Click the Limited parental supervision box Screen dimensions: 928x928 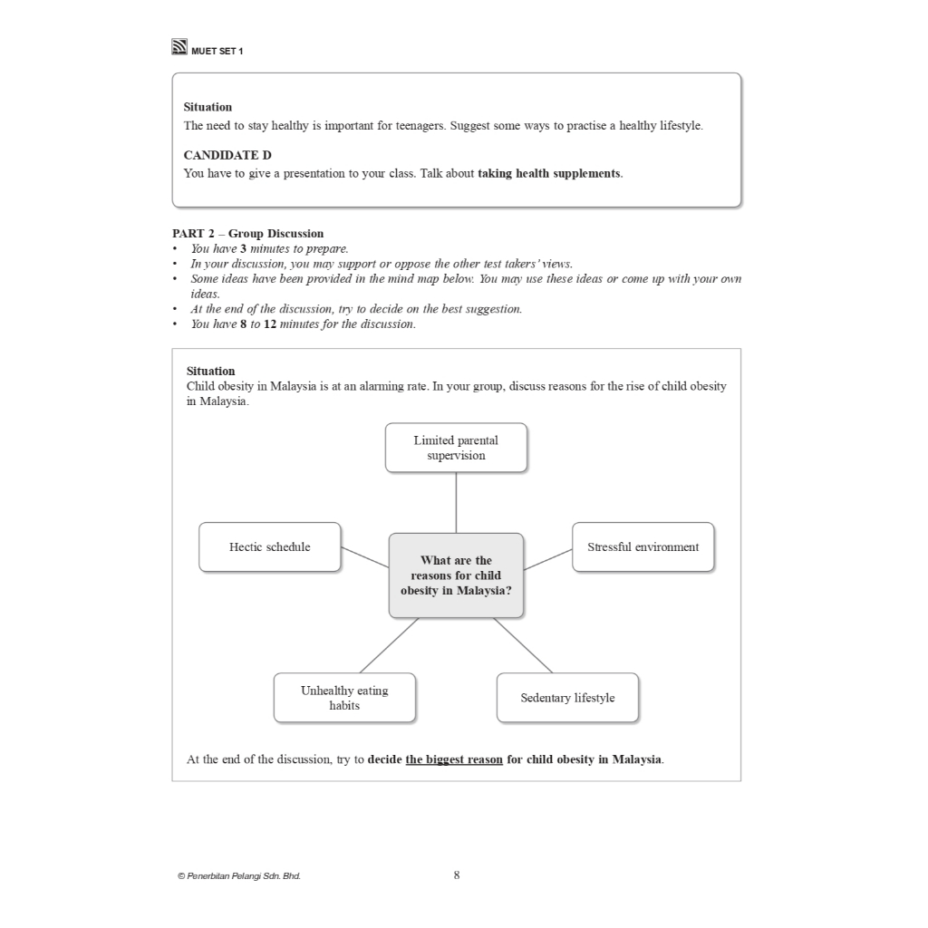pyautogui.click(x=456, y=448)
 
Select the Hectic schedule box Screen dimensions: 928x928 pyautogui.click(x=270, y=546)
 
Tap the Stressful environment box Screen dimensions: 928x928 pyautogui.click(x=643, y=546)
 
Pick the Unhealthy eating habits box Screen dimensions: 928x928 pyautogui.click(x=344, y=698)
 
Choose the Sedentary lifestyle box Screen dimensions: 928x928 pyautogui.click(x=567, y=698)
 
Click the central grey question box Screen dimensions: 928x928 pyautogui.click(x=456, y=575)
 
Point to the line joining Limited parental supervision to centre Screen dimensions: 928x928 pyautogui.click(x=456, y=502)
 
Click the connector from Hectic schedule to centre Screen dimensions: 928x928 pyautogui.click(x=365, y=557)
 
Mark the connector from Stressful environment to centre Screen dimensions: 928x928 pyautogui.click(x=547, y=558)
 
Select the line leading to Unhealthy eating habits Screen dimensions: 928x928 pyautogui.click(x=389, y=645)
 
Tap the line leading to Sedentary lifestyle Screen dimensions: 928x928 pyautogui.click(x=523, y=645)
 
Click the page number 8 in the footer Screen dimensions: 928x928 pyautogui.click(x=457, y=875)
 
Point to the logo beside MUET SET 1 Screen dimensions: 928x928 pyautogui.click(x=179, y=47)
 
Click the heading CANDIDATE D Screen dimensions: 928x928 pyautogui.click(x=227, y=155)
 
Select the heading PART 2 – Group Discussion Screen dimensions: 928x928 pyautogui.click(x=247, y=233)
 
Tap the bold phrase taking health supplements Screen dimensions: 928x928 pyautogui.click(x=549, y=173)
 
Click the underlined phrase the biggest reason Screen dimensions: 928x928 pyautogui.click(x=454, y=759)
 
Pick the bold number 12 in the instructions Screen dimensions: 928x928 pyautogui.click(x=270, y=324)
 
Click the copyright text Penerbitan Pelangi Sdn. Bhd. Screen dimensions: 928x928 pyautogui.click(x=240, y=876)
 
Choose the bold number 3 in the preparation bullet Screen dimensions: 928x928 pyautogui.click(x=244, y=248)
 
